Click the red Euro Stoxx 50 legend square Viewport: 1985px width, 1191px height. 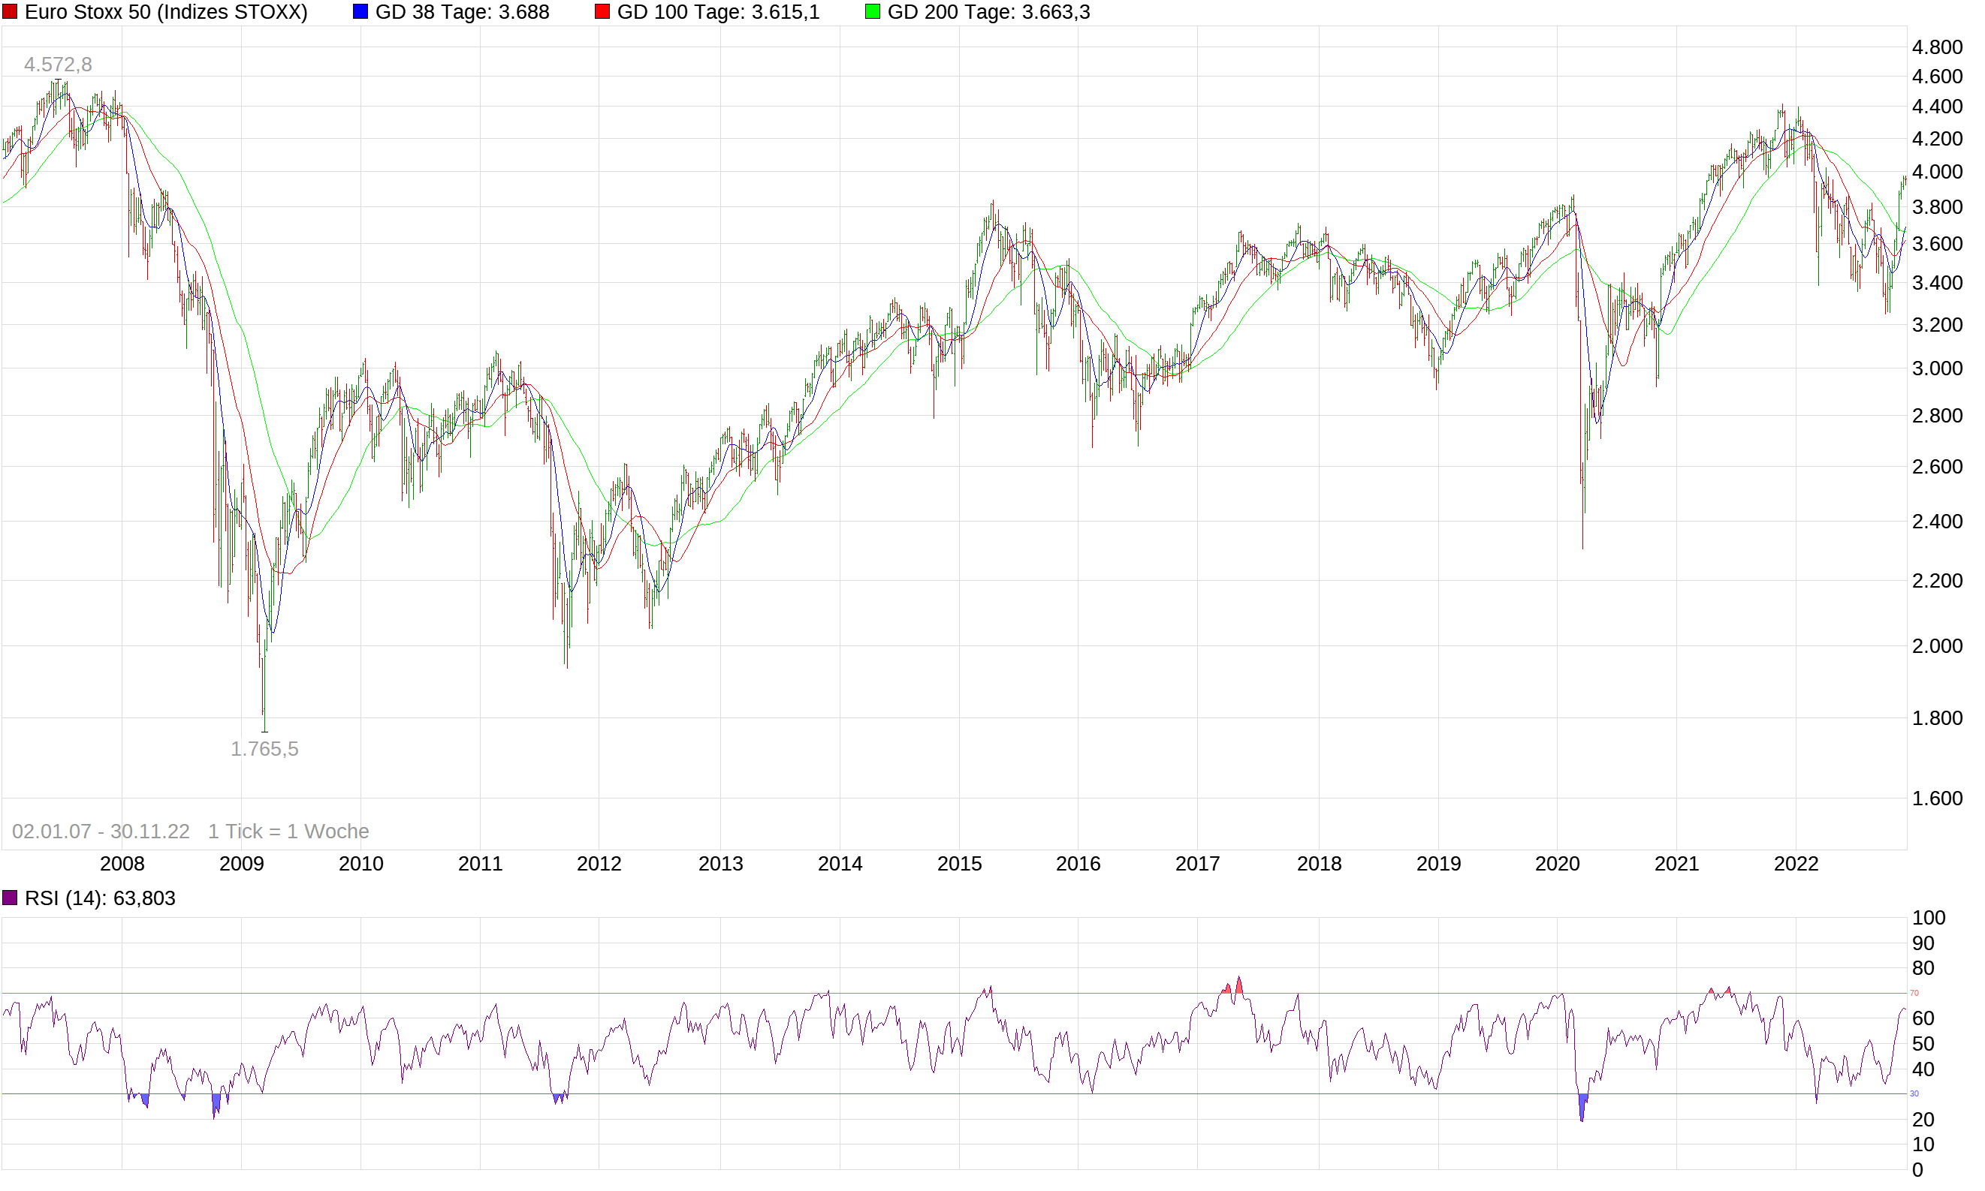point(10,12)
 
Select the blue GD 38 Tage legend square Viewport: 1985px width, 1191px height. point(360,12)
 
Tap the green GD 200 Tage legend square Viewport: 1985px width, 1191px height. point(872,12)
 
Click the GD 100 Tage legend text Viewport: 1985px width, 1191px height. point(718,12)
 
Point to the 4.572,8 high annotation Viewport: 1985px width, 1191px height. point(58,65)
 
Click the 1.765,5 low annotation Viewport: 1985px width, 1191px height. point(264,749)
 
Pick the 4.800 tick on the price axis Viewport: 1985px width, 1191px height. point(1937,47)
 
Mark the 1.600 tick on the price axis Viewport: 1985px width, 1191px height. point(1937,799)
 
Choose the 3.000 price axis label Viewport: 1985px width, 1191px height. point(1937,368)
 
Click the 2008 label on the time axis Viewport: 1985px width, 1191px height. point(122,864)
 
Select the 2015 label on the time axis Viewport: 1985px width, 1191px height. point(960,864)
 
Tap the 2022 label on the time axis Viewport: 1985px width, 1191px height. point(1796,864)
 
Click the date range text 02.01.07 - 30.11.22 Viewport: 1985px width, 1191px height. point(101,832)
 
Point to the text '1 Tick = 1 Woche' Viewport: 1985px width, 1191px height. point(288,832)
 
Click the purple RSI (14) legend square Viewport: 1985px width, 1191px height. point(10,898)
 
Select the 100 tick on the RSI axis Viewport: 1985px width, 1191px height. point(1929,918)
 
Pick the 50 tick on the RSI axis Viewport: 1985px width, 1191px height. point(1923,1044)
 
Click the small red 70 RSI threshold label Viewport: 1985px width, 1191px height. point(1914,994)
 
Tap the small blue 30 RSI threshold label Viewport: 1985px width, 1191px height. point(1914,1094)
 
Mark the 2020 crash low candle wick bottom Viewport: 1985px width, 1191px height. point(1582,548)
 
